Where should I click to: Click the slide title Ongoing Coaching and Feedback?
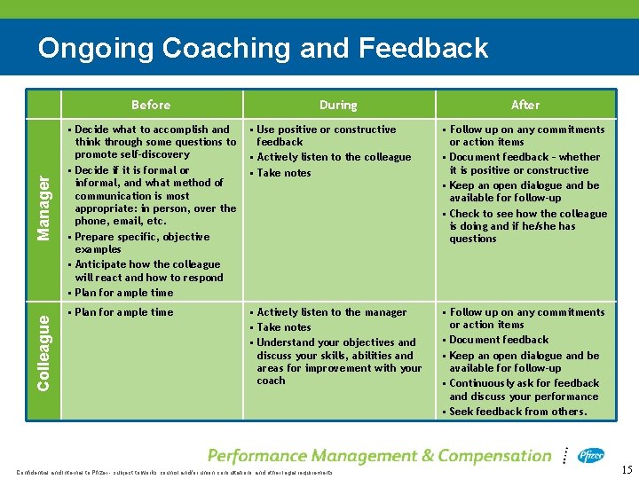click(263, 47)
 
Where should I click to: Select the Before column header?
click(150, 105)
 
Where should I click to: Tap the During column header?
click(338, 105)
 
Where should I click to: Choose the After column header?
click(525, 105)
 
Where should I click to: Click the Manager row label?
click(43, 206)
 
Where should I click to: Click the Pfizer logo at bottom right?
click(591, 456)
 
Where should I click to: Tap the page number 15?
click(627, 469)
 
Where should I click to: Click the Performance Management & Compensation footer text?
click(380, 456)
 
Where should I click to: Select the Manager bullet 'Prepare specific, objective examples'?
click(142, 243)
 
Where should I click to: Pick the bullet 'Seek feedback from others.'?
click(518, 412)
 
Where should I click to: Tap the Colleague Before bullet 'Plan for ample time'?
click(124, 312)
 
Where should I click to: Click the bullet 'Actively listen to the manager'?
click(331, 312)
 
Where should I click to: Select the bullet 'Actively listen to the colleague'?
click(334, 157)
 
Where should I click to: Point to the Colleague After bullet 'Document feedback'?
click(499, 340)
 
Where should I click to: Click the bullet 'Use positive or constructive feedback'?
click(325, 135)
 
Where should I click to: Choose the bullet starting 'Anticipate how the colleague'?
click(148, 271)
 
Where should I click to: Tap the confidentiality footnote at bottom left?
click(174, 473)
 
